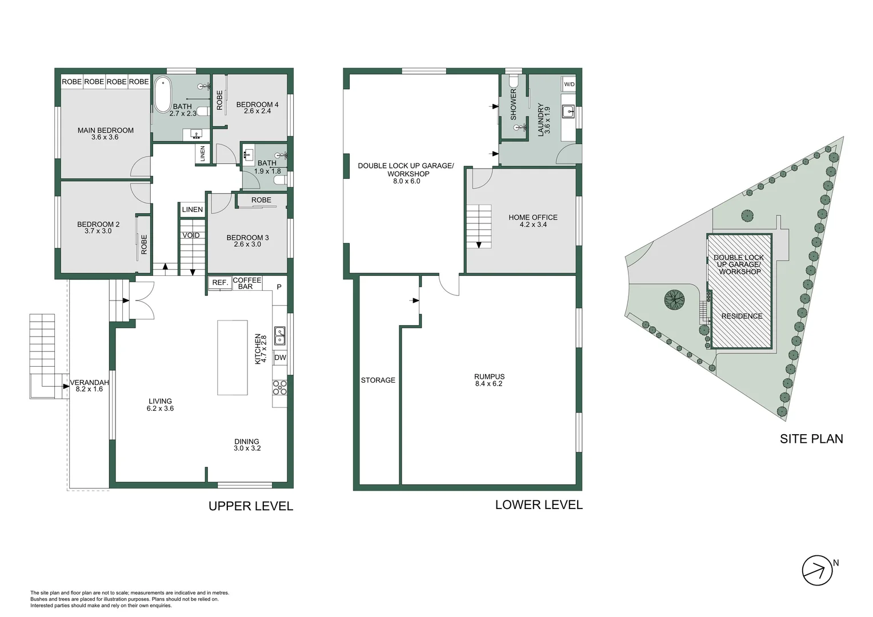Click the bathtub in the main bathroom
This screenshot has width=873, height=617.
162,95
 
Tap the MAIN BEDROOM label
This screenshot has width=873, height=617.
105,130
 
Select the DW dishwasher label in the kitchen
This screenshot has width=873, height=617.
280,358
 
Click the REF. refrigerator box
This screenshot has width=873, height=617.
220,283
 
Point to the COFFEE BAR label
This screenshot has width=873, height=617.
247,283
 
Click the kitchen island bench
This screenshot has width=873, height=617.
233,358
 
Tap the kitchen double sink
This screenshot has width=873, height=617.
279,336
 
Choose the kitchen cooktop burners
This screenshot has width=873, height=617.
279,388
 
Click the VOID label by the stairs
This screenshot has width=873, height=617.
191,235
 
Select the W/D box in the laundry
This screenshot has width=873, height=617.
569,84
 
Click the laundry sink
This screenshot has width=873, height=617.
568,112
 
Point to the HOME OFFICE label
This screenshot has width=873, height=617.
532,217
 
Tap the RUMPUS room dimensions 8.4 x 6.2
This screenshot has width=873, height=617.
488,383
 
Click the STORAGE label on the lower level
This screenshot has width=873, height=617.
378,380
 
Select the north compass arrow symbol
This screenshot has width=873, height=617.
817,570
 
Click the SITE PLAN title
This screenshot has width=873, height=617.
811,439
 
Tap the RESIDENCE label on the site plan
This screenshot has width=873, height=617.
742,316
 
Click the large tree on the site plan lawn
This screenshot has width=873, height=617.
674,300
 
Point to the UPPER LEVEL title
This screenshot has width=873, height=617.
251,506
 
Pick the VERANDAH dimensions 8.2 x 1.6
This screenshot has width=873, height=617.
89,389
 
